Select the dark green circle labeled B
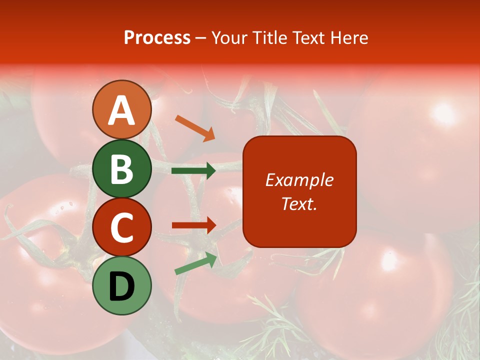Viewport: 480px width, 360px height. [121, 168]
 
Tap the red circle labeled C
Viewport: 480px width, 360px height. [121, 226]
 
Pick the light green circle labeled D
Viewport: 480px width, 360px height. [121, 286]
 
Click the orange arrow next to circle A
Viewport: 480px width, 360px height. [195, 128]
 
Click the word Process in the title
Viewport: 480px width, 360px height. [157, 38]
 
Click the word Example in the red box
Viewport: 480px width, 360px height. [299, 180]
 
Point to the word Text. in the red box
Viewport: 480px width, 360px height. [299, 203]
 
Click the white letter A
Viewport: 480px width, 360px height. [121, 110]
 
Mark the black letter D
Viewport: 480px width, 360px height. [121, 286]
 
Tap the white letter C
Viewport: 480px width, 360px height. [121, 227]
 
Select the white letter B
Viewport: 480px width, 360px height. [121, 169]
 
